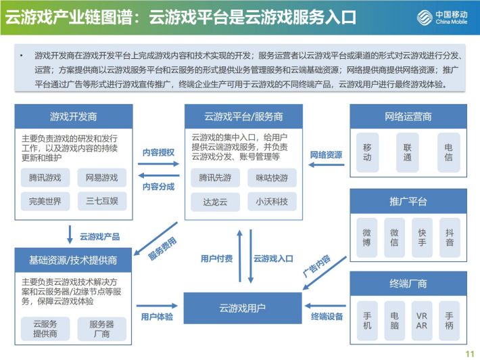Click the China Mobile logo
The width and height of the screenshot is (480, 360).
pos(442,17)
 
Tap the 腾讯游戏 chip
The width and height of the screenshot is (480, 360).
pos(45,177)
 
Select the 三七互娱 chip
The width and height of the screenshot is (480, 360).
pos(102,201)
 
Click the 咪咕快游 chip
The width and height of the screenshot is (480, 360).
pos(272,178)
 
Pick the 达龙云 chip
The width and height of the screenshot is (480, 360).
pos(215,202)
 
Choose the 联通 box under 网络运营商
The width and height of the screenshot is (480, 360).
pos(407,152)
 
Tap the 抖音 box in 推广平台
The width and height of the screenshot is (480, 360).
pos(450,238)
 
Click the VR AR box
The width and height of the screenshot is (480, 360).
pos(422,321)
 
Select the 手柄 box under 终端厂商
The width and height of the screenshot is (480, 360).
pos(449,321)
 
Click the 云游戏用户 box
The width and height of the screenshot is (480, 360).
pos(243,308)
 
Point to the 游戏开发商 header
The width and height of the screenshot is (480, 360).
pos(74,116)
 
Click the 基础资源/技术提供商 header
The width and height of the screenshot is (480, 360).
pos(73,260)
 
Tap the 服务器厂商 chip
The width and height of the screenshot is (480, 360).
pos(101,329)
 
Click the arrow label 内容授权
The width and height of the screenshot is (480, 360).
pos(158,152)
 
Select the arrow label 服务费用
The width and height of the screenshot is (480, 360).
pos(162,248)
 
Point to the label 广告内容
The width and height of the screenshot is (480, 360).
pos(316,266)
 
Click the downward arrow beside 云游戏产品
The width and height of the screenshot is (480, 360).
pos(70,235)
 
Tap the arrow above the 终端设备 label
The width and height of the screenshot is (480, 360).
pos(325,306)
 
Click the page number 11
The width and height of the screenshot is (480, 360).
pos(470,354)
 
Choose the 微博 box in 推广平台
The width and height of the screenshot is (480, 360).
pos(366,238)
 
